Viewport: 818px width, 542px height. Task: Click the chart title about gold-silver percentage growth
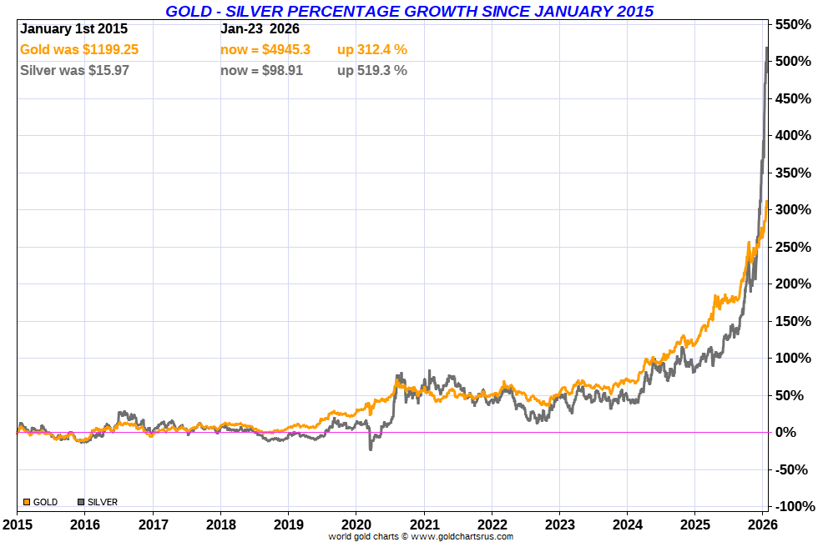tap(409, 11)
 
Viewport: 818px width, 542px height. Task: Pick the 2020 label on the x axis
tap(356, 524)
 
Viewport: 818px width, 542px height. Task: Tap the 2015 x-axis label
tap(18, 524)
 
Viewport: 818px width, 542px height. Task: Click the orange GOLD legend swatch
tap(27, 502)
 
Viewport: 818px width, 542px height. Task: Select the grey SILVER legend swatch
tap(81, 502)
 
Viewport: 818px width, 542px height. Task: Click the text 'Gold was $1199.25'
tap(79, 50)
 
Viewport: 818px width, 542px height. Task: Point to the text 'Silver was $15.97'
tap(74, 71)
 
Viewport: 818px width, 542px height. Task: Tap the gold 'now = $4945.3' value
tap(265, 50)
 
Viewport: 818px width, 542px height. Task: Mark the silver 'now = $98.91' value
tap(261, 71)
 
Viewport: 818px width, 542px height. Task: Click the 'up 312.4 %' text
tap(371, 50)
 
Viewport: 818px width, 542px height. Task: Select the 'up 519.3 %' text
tap(371, 71)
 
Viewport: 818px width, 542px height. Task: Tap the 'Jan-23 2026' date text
tap(259, 29)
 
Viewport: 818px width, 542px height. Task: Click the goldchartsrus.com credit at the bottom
tap(421, 536)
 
